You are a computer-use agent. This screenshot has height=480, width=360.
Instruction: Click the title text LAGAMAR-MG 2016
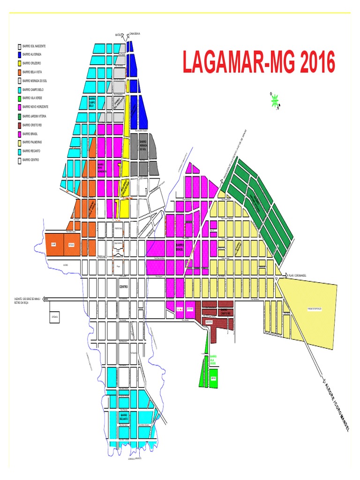click(259, 63)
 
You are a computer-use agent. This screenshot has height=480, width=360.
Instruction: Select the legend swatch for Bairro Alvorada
click(19, 55)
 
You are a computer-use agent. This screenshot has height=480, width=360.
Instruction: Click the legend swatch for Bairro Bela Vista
click(19, 72)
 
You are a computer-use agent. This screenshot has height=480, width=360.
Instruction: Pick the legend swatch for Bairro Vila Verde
click(19, 98)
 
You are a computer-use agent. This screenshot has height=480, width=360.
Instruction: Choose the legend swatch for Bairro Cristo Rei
click(19, 125)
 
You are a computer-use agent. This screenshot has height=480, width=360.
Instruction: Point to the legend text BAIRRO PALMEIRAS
click(34, 142)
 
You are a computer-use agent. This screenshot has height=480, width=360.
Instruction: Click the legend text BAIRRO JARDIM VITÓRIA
click(37, 116)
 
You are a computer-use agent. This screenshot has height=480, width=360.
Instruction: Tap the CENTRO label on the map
click(123, 286)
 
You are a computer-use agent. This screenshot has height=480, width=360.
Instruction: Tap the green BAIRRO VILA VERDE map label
click(213, 360)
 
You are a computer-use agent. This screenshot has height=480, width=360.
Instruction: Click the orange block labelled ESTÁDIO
click(72, 244)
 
